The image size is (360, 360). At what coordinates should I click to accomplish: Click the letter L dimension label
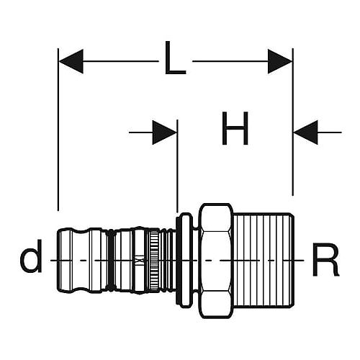point(175,58)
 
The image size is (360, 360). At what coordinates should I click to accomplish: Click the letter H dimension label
point(235,128)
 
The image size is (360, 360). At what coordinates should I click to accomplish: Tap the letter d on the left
point(31,256)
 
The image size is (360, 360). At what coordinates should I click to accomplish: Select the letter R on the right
point(325,260)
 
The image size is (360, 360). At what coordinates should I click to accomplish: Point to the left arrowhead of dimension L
point(71,61)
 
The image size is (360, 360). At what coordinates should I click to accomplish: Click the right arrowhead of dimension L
point(280,61)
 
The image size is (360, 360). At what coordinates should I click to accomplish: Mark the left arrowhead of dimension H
point(165,132)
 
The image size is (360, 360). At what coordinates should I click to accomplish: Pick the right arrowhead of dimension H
point(306,132)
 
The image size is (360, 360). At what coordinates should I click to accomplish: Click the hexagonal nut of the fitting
point(217,261)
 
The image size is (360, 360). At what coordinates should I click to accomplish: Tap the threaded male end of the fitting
point(264,260)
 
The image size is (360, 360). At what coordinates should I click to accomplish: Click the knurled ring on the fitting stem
point(154,260)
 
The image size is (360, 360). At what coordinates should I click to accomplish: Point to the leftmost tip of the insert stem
point(57,260)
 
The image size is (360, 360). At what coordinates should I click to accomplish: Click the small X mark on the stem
point(138,261)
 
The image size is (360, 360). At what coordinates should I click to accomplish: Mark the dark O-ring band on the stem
point(111,260)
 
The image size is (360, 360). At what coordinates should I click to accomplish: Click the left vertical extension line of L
point(58,130)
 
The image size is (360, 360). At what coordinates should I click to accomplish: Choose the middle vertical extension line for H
point(177,166)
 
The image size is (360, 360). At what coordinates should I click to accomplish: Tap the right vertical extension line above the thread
point(293,122)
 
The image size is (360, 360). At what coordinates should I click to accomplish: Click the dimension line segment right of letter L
point(230,61)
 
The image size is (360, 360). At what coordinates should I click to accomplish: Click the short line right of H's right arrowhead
point(330,132)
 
